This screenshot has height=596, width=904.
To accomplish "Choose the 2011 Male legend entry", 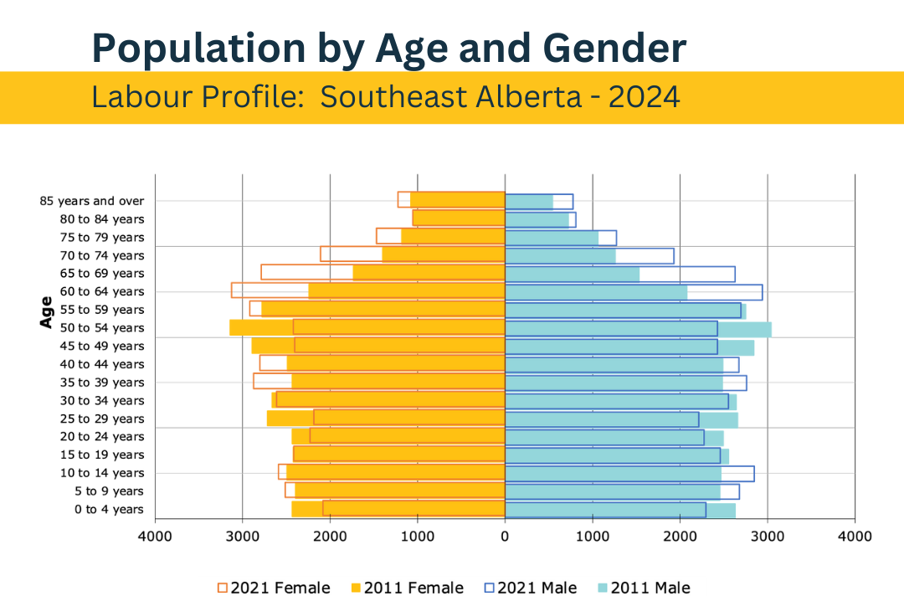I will pyautogui.click(x=642, y=588).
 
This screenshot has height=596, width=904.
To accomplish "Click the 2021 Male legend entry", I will pyautogui.click(x=528, y=588).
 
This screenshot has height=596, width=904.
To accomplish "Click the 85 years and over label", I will pyautogui.click(x=92, y=201).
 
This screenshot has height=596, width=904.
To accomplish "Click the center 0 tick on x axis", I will pyautogui.click(x=505, y=537).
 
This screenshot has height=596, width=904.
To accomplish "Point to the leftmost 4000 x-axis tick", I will pyautogui.click(x=156, y=537).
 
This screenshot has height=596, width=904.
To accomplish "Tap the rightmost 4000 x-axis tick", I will pyautogui.click(x=854, y=537).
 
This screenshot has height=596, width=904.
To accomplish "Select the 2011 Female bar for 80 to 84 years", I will pyautogui.click(x=460, y=218).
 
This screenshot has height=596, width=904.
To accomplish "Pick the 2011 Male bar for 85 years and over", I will pyautogui.click(x=529, y=201).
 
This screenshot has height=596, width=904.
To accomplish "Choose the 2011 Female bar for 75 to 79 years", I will pyautogui.click(x=453, y=237).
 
